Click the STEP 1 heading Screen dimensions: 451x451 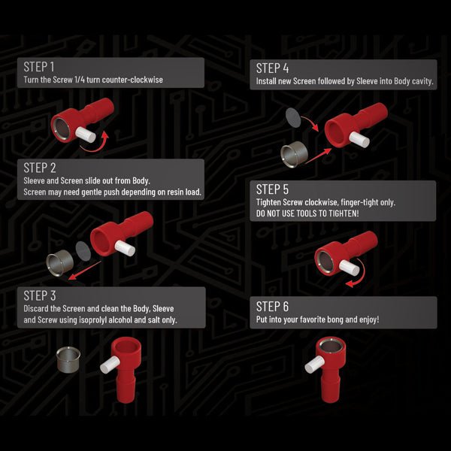click(x=39, y=67)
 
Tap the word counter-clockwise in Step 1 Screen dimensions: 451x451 click(x=132, y=80)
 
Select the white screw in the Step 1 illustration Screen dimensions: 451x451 click(x=86, y=135)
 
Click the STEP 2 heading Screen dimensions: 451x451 click(x=40, y=168)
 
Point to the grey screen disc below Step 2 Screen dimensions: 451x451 click(x=83, y=251)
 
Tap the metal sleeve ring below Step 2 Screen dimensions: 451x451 click(x=60, y=262)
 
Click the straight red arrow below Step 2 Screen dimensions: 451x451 click(x=85, y=270)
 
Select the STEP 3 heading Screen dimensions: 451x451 click(x=40, y=295)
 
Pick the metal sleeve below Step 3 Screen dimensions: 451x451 click(x=68, y=360)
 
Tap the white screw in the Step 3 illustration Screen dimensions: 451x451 click(x=110, y=365)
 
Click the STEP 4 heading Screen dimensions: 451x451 click(x=272, y=68)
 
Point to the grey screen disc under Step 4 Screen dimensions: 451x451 click(x=293, y=118)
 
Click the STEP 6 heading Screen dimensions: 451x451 click(x=272, y=307)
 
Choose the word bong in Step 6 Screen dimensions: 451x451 click(x=336, y=320)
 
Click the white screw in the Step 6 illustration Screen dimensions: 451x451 click(x=315, y=365)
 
